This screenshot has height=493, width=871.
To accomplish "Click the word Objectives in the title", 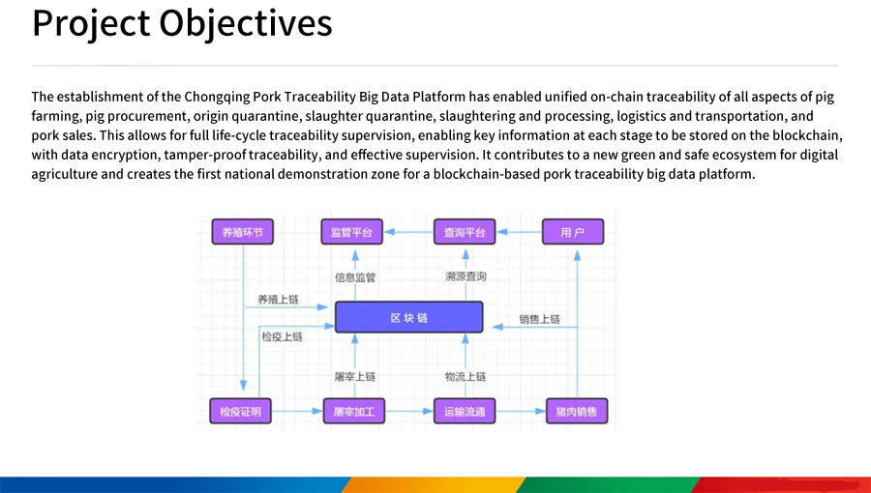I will click(x=246, y=22).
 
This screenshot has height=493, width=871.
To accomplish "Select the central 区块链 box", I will click(x=408, y=317).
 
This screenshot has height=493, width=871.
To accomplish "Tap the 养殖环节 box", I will click(x=242, y=232).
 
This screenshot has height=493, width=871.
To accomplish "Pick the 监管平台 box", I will click(x=352, y=232).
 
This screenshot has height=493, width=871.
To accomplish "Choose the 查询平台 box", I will click(x=465, y=232).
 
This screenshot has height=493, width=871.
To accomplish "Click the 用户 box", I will click(x=573, y=232).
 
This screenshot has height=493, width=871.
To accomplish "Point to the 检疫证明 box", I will click(x=240, y=411).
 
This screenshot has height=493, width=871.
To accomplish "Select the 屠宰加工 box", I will click(x=353, y=411).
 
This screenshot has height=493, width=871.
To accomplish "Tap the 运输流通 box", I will click(x=465, y=411).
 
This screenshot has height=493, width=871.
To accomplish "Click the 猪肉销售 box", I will click(x=576, y=411).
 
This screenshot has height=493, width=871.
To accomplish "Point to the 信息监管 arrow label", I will click(x=355, y=277).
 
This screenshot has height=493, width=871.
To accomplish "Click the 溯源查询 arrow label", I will click(x=466, y=277).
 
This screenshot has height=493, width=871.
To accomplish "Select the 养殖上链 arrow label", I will click(x=278, y=300).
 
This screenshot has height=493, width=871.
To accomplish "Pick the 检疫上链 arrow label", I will click(x=282, y=337).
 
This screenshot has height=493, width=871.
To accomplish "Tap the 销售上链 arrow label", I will click(x=539, y=319).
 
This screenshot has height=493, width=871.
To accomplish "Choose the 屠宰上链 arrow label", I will click(x=354, y=376).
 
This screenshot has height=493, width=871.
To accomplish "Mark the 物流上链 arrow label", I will click(x=466, y=376).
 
